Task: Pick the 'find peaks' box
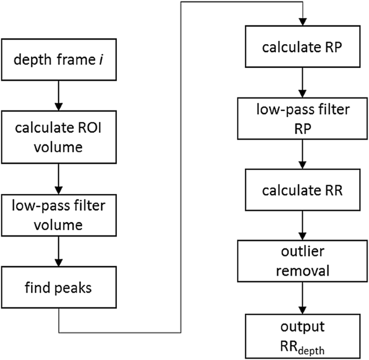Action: [x=58, y=288]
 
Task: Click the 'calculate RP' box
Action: [x=304, y=47]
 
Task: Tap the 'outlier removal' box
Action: [x=304, y=260]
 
